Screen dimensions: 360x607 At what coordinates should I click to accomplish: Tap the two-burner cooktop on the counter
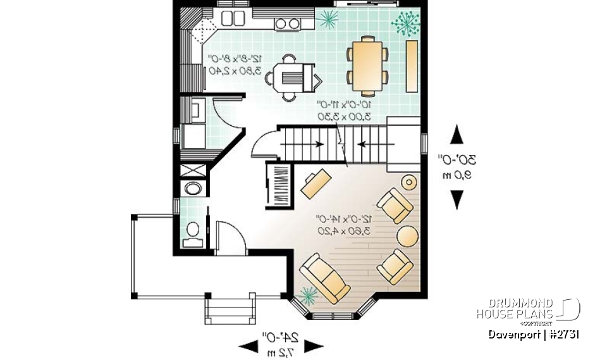click(x=288, y=24)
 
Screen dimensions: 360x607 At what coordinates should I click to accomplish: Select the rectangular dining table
click(x=367, y=65)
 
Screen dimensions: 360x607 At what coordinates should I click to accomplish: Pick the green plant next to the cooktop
click(x=328, y=20)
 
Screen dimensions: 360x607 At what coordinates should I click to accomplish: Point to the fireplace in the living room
click(x=279, y=185)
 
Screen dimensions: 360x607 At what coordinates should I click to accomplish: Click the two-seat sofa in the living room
click(x=324, y=276)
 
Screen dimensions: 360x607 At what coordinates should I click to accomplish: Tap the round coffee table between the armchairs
click(x=407, y=237)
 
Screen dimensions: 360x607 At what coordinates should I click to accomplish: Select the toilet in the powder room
click(x=193, y=232)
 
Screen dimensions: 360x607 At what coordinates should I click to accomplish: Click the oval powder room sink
click(x=192, y=188)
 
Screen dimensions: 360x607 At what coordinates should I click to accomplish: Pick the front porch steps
click(x=231, y=309)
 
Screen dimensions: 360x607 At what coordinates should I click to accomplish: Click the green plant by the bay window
click(x=308, y=294)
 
